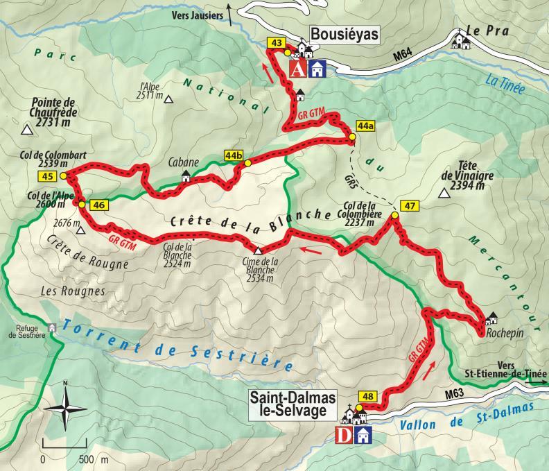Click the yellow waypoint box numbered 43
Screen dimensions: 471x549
pos(277,44)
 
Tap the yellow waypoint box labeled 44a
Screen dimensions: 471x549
pos(365,126)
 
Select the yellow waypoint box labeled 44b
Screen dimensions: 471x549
pos(234,156)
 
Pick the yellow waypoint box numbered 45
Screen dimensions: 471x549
pos(48,177)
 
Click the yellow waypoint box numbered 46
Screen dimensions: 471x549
pos(99,205)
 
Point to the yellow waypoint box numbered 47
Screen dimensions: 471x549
pos(410,205)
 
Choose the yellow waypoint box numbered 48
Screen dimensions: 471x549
pos(369,397)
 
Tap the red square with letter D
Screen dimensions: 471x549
pos(342,435)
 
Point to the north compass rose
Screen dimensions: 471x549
pos(64,406)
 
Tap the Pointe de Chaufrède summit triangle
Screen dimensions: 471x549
pos(27,130)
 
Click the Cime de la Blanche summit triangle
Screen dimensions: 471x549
pos(258,250)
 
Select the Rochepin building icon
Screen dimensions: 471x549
pos(492,318)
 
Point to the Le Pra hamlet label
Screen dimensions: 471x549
pos(484,31)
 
